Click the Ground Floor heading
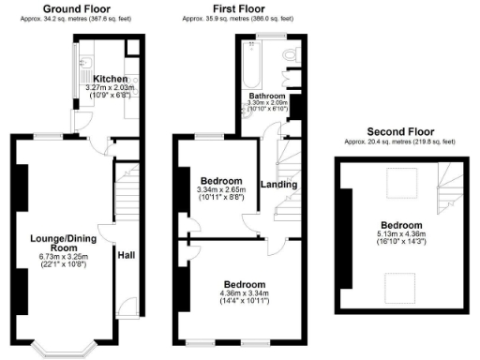click(72, 7)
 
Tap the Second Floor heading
click(398, 131)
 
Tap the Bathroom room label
click(266, 97)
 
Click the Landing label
click(278, 185)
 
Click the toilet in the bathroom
click(291, 58)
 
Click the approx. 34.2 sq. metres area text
click(72, 18)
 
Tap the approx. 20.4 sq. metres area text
click(398, 142)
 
